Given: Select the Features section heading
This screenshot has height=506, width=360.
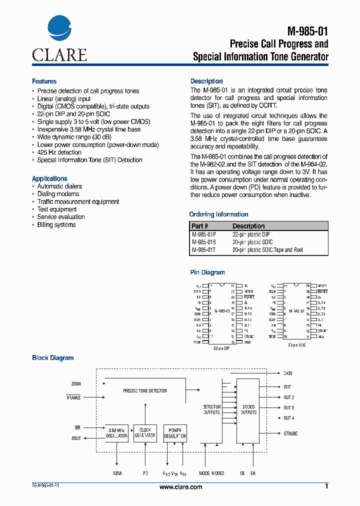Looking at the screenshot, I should coord(44,81).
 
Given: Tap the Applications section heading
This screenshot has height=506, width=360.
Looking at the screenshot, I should coord(49,178).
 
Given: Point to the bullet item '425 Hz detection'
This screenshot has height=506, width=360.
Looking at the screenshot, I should coord(59,152).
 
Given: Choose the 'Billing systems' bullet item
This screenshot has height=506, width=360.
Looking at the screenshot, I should coord(56,225).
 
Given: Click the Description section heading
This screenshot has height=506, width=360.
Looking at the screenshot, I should coord(206,81).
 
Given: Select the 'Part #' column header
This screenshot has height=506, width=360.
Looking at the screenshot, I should coord(200,226).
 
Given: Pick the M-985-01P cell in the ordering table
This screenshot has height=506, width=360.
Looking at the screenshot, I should coord(203,234).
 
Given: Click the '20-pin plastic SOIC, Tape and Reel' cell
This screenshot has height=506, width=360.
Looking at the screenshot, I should coord(267,250).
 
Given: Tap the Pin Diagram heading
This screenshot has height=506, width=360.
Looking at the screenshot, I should coord(207,272).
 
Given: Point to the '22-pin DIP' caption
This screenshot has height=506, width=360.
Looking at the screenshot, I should coord(221,347).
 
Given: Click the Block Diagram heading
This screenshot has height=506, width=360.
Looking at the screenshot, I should coord(52,358).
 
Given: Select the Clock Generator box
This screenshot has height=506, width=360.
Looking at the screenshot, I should coord(145,433).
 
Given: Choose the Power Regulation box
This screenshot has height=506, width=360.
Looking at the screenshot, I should coord(175,433).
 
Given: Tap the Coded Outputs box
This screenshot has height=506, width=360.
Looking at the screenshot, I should coord(248,409).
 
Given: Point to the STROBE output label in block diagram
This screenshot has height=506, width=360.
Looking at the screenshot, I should coord(290,433).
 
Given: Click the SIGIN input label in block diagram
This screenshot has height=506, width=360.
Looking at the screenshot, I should coord(75,384).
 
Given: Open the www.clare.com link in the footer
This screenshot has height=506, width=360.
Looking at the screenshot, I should coord(180,487).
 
